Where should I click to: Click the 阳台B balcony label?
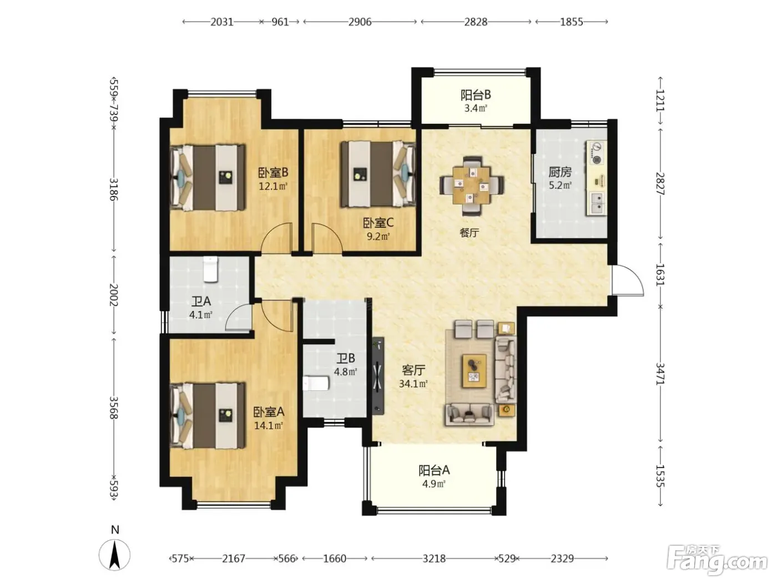(x=476, y=95)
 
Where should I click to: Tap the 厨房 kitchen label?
(x=560, y=172)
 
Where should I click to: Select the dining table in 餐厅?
(x=472, y=186)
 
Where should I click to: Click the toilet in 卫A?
(x=210, y=269)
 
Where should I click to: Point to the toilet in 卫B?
(x=316, y=384)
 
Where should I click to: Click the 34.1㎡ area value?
(x=413, y=384)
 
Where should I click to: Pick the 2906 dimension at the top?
(x=360, y=22)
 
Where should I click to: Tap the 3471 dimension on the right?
(x=660, y=374)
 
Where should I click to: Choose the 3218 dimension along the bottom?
(x=434, y=559)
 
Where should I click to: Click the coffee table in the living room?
(x=474, y=371)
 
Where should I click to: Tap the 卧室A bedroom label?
(x=269, y=411)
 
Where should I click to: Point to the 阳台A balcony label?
(x=434, y=470)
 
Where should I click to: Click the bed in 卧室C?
(x=378, y=174)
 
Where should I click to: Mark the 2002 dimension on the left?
(x=114, y=294)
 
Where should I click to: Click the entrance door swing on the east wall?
(x=628, y=280)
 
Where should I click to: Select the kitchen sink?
(x=597, y=203)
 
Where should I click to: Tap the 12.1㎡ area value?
(x=273, y=186)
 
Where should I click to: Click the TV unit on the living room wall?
(x=378, y=375)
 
